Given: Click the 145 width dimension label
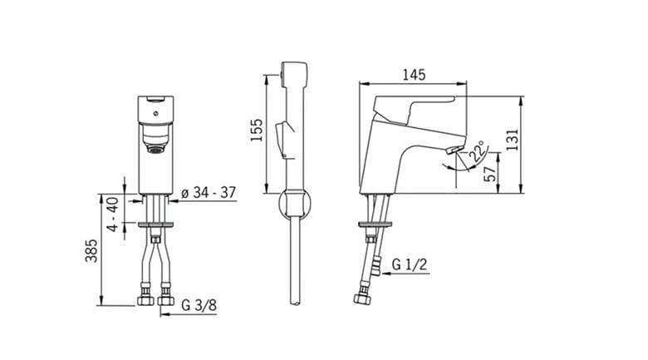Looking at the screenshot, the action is pos(414,75).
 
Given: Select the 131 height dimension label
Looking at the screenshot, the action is pos(512,140).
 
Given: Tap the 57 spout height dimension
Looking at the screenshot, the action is pos(489,174).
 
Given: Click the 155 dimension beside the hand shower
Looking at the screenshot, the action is pos(257,130).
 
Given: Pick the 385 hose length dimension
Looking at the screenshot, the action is pos(91,250).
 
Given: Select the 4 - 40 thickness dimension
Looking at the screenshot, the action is pos(112,214).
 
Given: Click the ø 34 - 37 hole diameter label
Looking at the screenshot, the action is pos(209,192).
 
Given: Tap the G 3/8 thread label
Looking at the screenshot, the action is pos(199,305).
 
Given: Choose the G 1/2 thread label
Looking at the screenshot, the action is pos(409,264).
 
